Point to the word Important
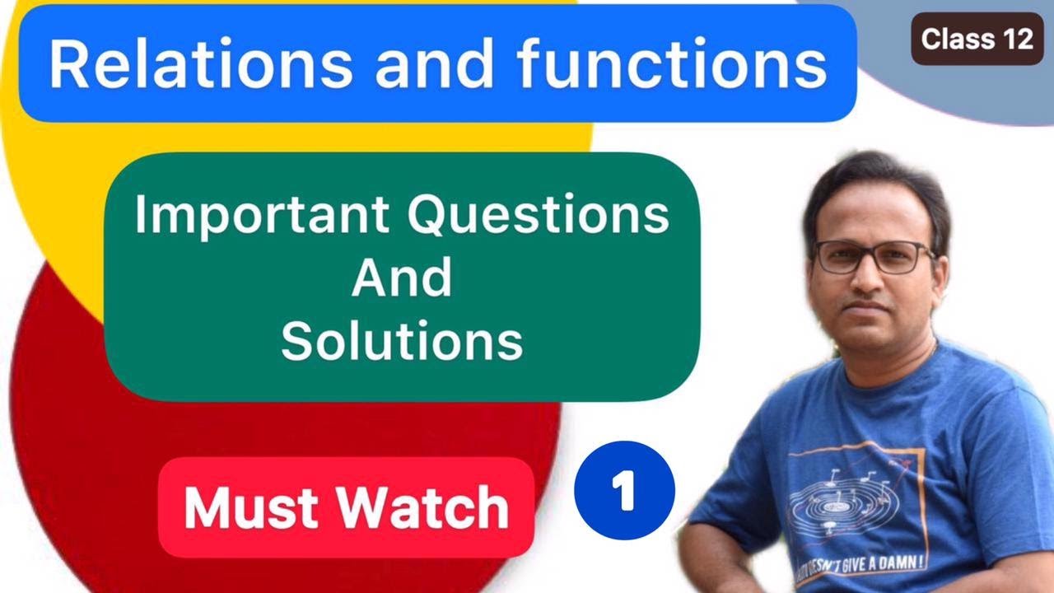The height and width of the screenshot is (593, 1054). coord(259,216)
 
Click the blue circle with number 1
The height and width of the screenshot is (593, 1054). coord(624,492)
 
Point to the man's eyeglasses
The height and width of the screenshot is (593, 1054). coord(873,256)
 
